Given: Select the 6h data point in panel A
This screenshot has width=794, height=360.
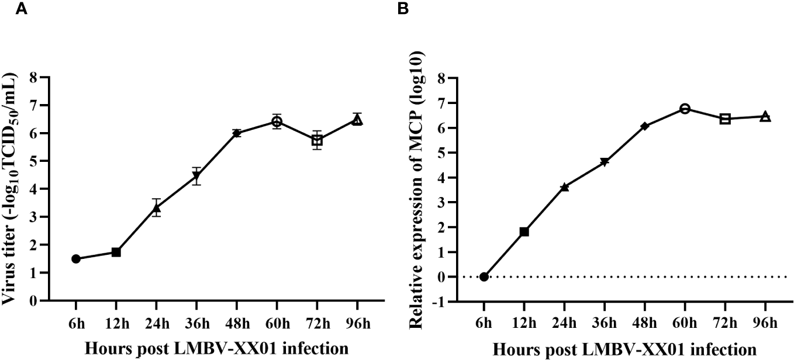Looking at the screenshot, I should pyautogui.click(x=76, y=259).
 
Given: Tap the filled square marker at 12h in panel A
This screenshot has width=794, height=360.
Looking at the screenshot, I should pyautogui.click(x=116, y=252).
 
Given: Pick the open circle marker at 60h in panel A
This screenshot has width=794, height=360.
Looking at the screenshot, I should pyautogui.click(x=277, y=122).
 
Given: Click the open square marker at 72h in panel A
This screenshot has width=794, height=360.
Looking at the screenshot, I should pyautogui.click(x=317, y=140).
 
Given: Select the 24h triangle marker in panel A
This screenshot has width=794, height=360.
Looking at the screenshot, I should pyautogui.click(x=156, y=207).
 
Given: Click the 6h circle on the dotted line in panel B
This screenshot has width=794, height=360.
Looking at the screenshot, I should pyautogui.click(x=484, y=276).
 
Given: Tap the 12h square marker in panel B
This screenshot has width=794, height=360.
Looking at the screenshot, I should pyautogui.click(x=524, y=231).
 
